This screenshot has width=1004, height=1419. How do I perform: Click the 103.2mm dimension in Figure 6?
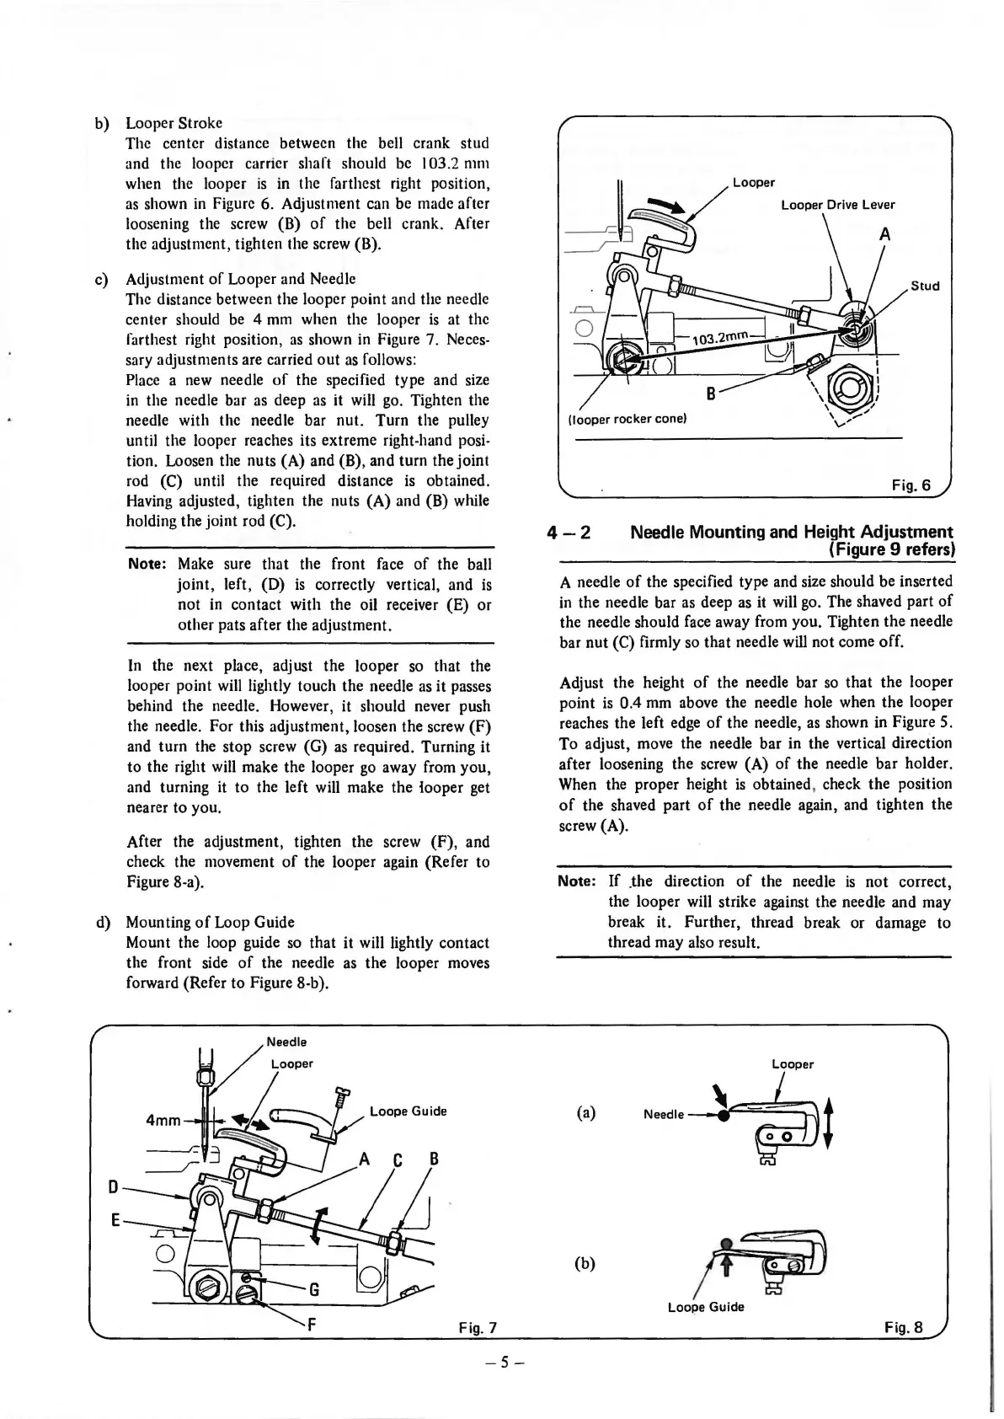tap(719, 338)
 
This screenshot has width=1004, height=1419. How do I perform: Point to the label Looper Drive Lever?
tap(837, 205)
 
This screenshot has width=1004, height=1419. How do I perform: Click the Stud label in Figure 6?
tap(924, 286)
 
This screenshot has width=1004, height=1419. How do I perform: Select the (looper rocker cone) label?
tap(629, 419)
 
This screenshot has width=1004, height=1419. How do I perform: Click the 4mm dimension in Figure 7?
tap(163, 1121)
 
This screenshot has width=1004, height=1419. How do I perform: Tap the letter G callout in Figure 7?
tap(314, 1288)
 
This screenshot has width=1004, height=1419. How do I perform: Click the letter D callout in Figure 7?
tap(113, 1187)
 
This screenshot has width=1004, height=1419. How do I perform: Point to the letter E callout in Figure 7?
tap(115, 1218)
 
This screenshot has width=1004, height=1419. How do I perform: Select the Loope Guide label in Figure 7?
tap(408, 1111)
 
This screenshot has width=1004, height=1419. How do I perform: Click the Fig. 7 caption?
tap(478, 1329)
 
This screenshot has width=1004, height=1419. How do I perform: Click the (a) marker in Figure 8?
tap(586, 1112)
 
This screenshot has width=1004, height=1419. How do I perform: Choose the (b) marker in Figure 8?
tap(585, 1263)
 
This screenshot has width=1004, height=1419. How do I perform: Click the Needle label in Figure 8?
tap(664, 1115)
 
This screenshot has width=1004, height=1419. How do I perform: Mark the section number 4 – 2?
tap(569, 533)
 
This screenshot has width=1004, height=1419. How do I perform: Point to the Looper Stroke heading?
tap(174, 123)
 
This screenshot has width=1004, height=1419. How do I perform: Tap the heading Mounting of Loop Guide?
tap(210, 922)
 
